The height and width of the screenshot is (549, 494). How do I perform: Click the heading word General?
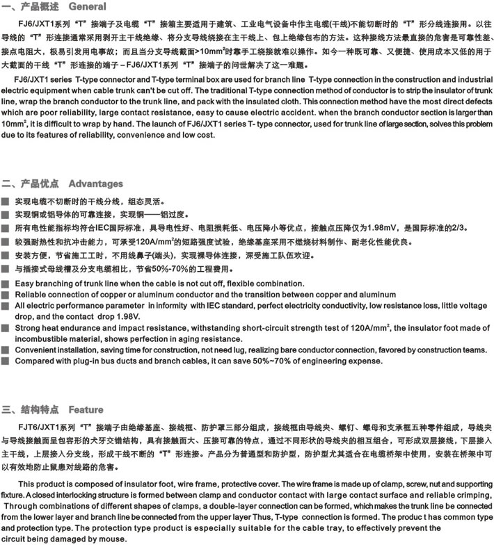click(x=88, y=7)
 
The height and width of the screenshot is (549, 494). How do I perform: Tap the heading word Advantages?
click(x=95, y=184)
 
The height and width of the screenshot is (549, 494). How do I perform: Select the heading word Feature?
click(x=86, y=409)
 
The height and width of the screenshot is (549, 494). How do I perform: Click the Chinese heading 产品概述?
click(x=41, y=7)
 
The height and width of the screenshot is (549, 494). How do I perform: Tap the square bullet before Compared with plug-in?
click(x=6, y=361)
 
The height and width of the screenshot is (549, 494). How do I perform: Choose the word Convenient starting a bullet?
click(x=40, y=350)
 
